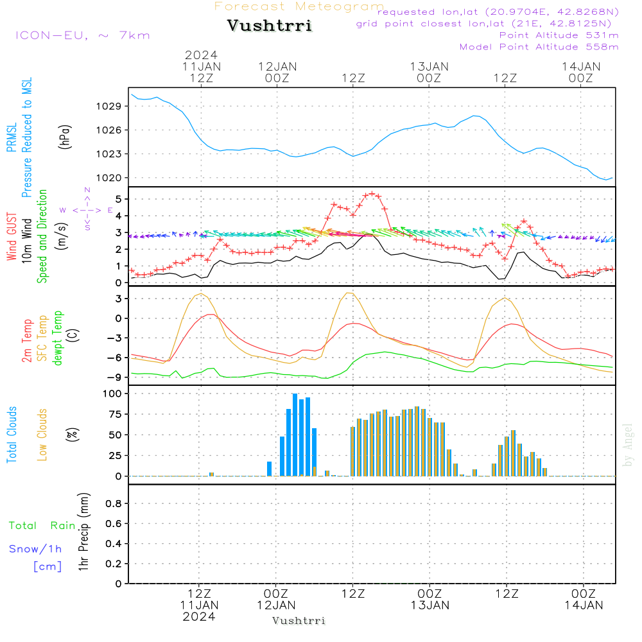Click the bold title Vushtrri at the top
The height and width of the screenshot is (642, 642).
point(270,26)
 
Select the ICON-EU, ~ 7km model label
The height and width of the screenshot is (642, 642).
point(82,35)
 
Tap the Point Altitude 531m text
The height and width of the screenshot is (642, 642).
point(559,35)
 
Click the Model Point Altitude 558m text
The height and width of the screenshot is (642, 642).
point(539,47)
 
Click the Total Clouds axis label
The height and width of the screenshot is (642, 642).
point(12,435)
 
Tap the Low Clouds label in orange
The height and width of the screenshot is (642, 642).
point(42,435)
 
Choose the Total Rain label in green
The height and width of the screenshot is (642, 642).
point(42,526)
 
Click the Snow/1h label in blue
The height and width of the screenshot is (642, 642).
point(35,549)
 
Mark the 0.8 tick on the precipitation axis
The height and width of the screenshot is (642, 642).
point(113,504)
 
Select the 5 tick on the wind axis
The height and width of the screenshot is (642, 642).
point(117,198)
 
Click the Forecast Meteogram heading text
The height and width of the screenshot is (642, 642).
point(299,7)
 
